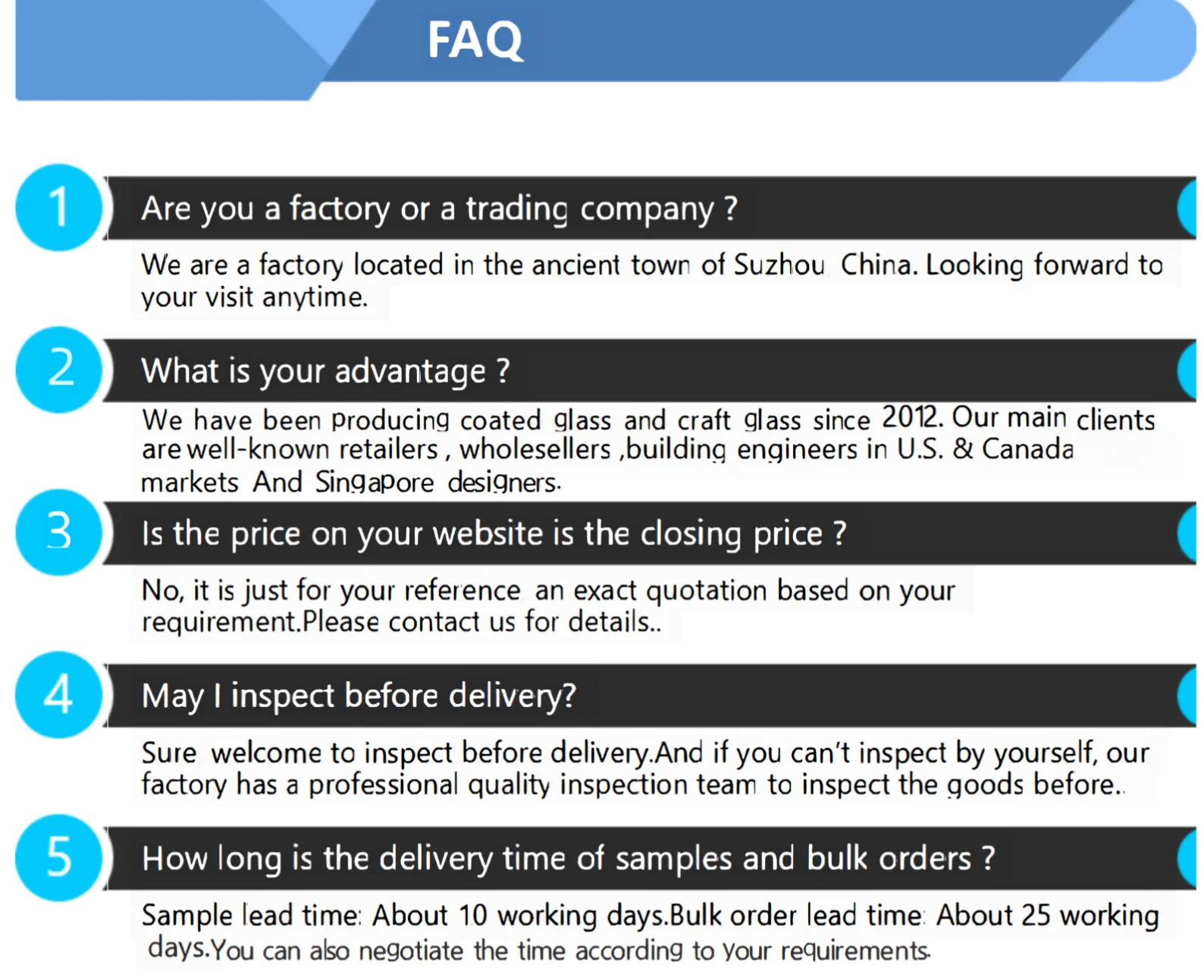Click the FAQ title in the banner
point(475,39)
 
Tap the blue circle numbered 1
point(59,208)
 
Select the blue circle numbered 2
point(59,369)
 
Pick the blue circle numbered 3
point(59,532)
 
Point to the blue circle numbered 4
point(59,694)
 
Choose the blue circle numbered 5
point(59,857)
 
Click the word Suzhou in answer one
point(779,265)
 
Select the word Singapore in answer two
point(375,482)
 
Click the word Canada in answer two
point(1027,449)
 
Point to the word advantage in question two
point(410,372)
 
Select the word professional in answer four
point(383,785)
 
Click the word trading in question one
point(516,209)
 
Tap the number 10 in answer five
point(472,916)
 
